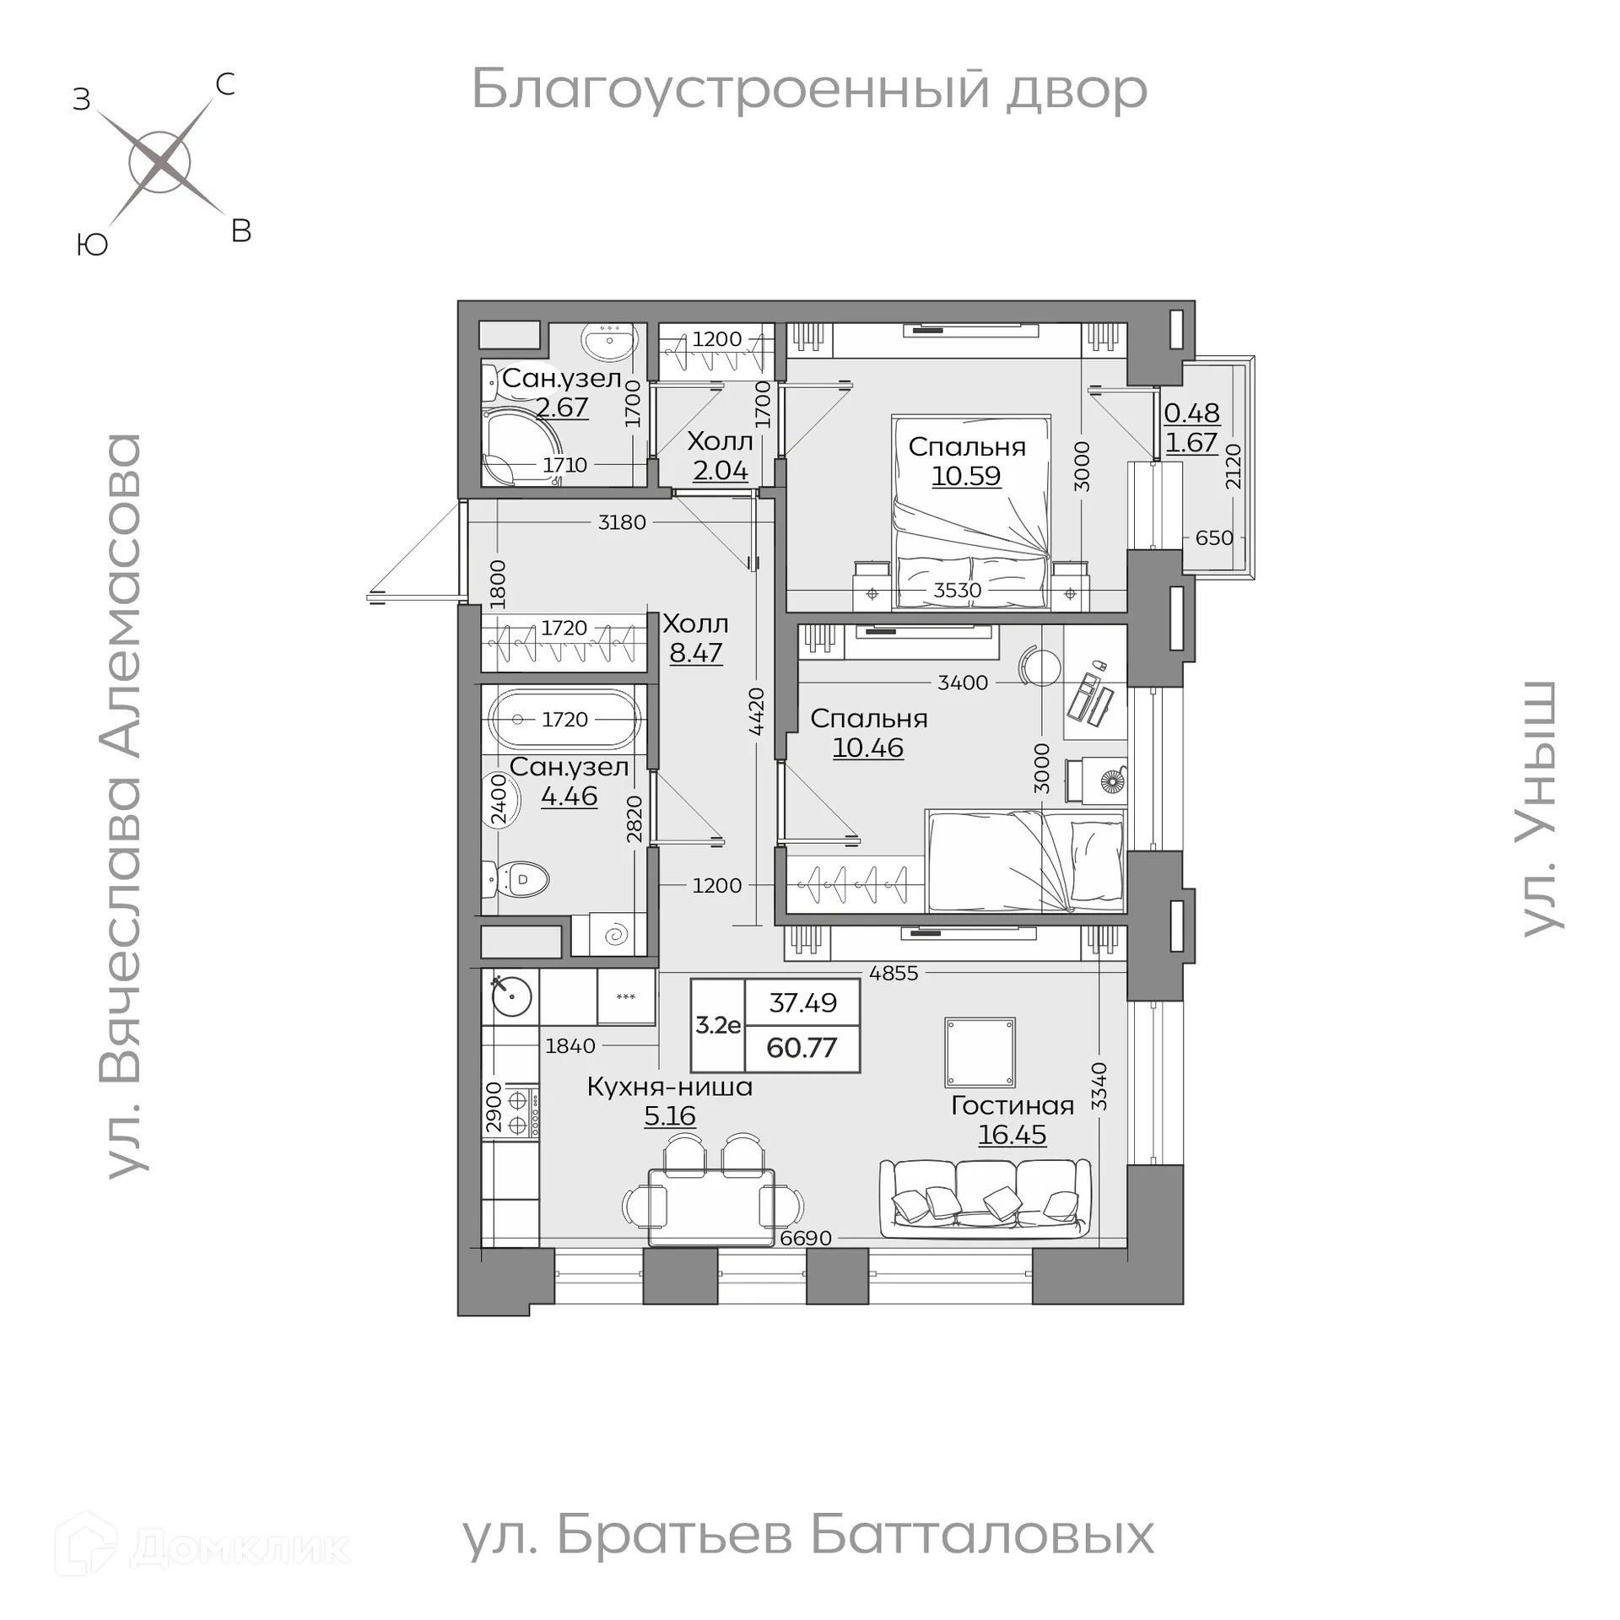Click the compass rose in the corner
click(160, 162)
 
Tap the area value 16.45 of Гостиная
click(1012, 1135)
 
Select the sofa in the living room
click(985, 1198)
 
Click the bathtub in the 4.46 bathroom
click(564, 719)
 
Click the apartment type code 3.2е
click(718, 1025)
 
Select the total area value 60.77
click(802, 1048)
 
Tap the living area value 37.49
click(802, 1002)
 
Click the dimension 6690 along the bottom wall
click(806, 1238)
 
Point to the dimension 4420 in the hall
click(756, 711)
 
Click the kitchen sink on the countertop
click(511, 996)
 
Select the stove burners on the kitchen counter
click(517, 1113)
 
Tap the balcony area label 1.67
click(1191, 442)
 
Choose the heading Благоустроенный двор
click(809, 89)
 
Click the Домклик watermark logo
click(202, 1547)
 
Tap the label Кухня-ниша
click(669, 1087)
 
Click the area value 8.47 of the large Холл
click(696, 652)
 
